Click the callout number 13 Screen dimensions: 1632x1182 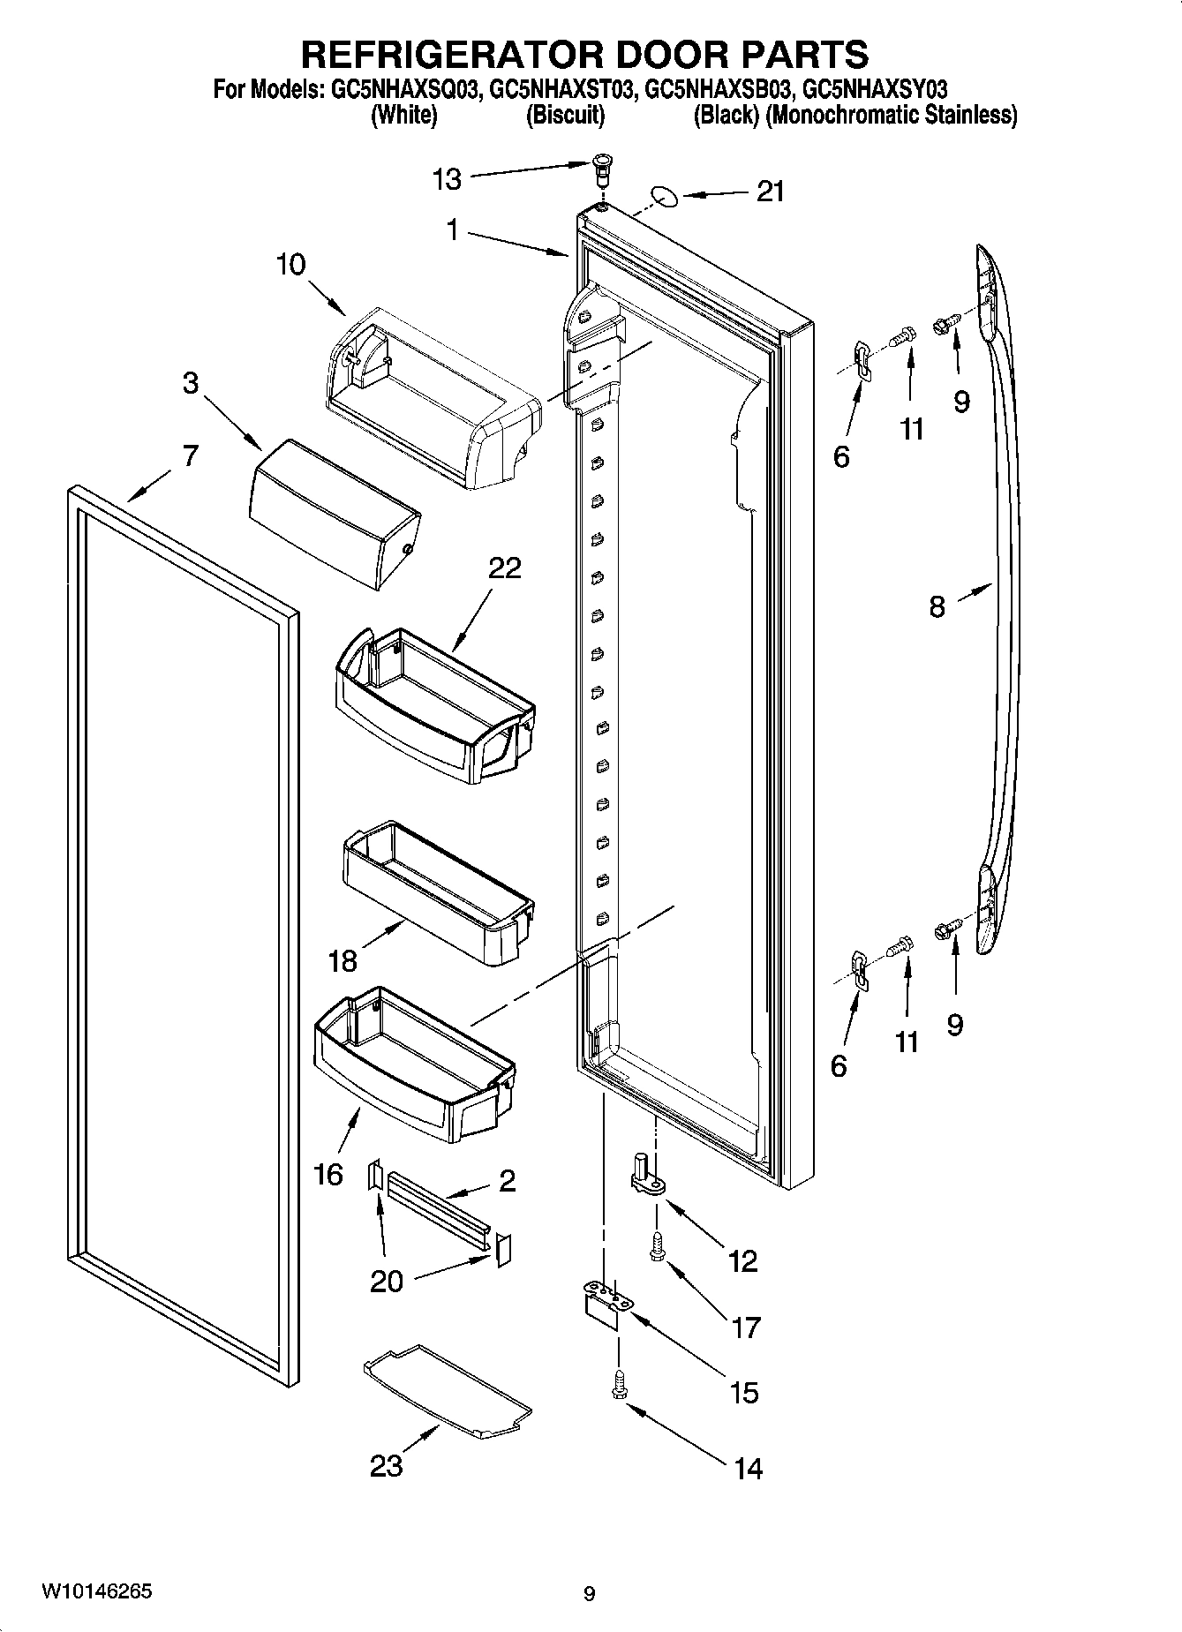(x=447, y=180)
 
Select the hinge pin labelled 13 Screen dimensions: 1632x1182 (x=602, y=167)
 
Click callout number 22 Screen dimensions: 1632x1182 (x=504, y=568)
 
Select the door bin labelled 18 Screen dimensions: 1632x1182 (x=436, y=892)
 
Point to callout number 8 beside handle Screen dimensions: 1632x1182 (x=937, y=606)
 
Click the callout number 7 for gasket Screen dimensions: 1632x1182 (x=190, y=456)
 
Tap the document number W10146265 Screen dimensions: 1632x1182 (x=96, y=1591)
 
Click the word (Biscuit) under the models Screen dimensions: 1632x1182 (x=565, y=115)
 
